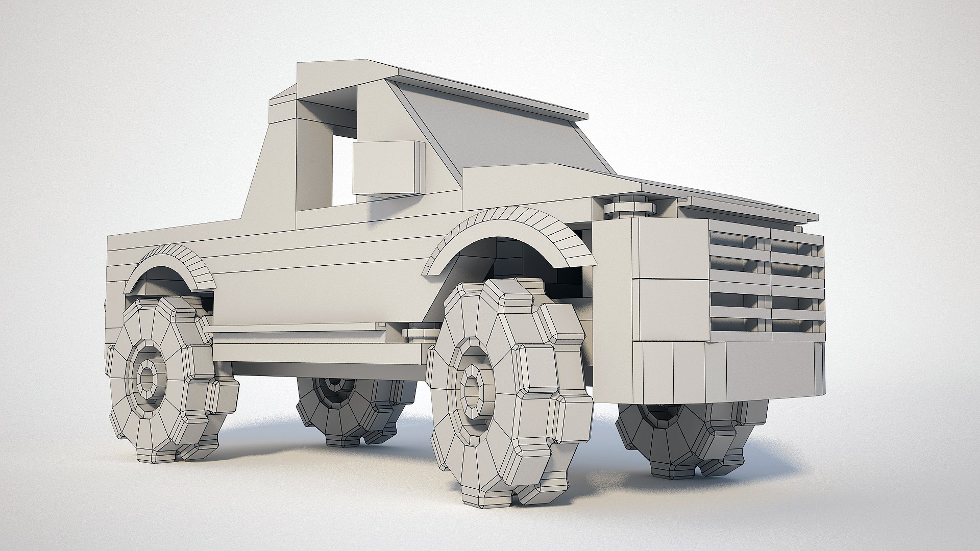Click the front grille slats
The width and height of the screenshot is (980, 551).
pyautogui.click(x=766, y=286)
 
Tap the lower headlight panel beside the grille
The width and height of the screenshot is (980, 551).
pyautogui.click(x=669, y=309)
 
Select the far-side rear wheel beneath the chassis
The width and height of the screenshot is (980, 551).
pyautogui.click(x=352, y=408)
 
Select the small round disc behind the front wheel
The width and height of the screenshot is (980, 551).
pyautogui.click(x=419, y=332)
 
